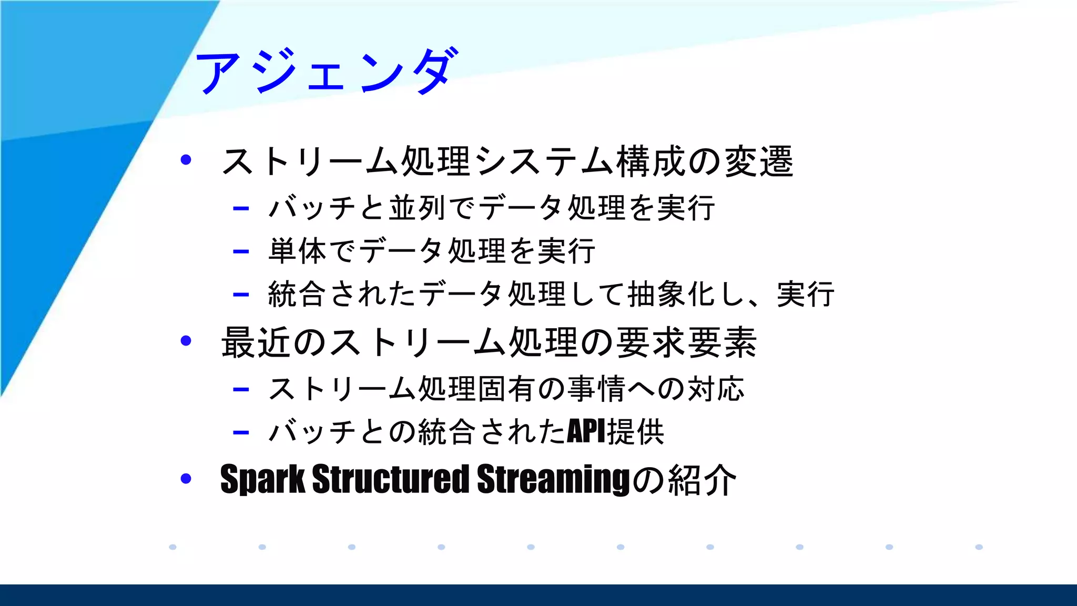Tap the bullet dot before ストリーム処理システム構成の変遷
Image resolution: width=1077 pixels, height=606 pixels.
185,159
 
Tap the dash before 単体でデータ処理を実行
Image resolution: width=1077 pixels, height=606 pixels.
240,251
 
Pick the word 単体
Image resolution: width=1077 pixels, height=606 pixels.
297,251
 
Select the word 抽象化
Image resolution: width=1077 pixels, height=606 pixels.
672,294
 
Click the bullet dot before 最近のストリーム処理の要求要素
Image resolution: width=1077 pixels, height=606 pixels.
185,341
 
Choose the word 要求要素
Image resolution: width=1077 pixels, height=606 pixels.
686,342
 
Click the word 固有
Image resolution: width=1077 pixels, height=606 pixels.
507,389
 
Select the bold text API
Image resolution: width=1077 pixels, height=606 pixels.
587,432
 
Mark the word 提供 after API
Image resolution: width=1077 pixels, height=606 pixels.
636,432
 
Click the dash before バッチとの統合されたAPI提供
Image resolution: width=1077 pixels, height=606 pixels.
240,433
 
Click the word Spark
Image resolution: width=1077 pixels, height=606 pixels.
262,479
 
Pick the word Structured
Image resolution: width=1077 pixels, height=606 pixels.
390,479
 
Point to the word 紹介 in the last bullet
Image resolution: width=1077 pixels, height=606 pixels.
702,480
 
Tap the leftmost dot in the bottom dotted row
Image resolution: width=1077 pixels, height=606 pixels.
172,547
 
